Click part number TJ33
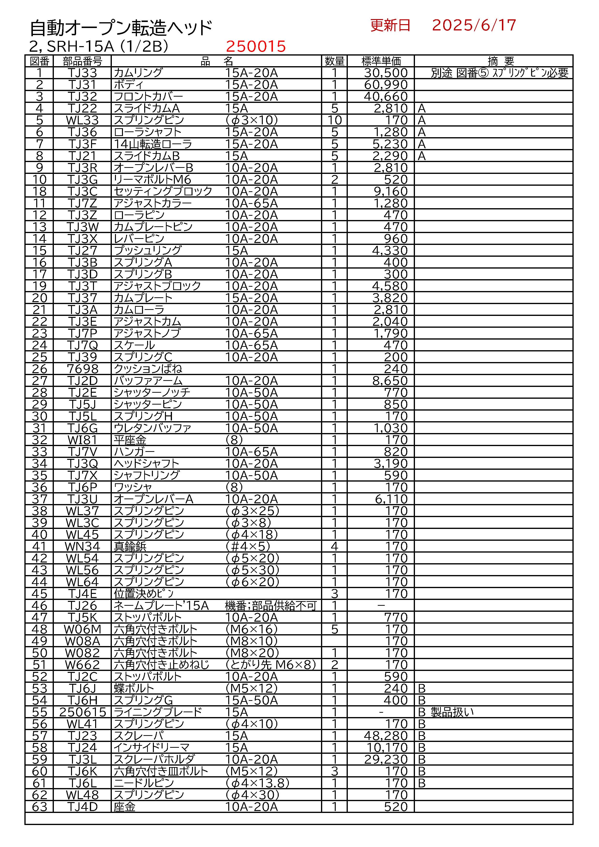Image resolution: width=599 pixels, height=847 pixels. (x=82, y=73)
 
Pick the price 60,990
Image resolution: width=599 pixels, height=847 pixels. (x=385, y=85)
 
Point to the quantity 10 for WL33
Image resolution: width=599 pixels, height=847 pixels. (x=334, y=120)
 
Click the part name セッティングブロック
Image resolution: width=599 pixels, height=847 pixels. (x=163, y=192)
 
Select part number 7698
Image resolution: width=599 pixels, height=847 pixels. (x=82, y=369)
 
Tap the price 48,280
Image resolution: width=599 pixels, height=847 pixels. (x=385, y=736)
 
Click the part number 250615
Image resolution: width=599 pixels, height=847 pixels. (x=83, y=712)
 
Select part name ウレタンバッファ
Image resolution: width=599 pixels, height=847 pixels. (x=152, y=428)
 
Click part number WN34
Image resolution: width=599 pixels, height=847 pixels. (x=82, y=546)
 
